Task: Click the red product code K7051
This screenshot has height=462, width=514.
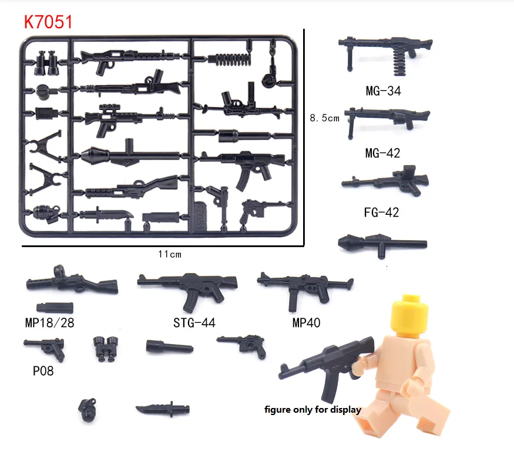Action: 48,22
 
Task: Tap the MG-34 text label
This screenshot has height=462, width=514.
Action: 382,92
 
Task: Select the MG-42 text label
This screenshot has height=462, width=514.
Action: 382,154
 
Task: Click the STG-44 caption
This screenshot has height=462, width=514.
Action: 194,322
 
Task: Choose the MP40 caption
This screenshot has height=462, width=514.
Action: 305,322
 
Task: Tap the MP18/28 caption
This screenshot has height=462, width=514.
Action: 50,322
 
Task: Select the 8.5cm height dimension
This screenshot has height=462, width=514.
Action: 325,118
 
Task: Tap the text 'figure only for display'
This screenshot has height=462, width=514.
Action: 313,410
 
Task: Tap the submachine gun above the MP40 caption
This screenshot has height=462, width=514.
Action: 302,286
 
